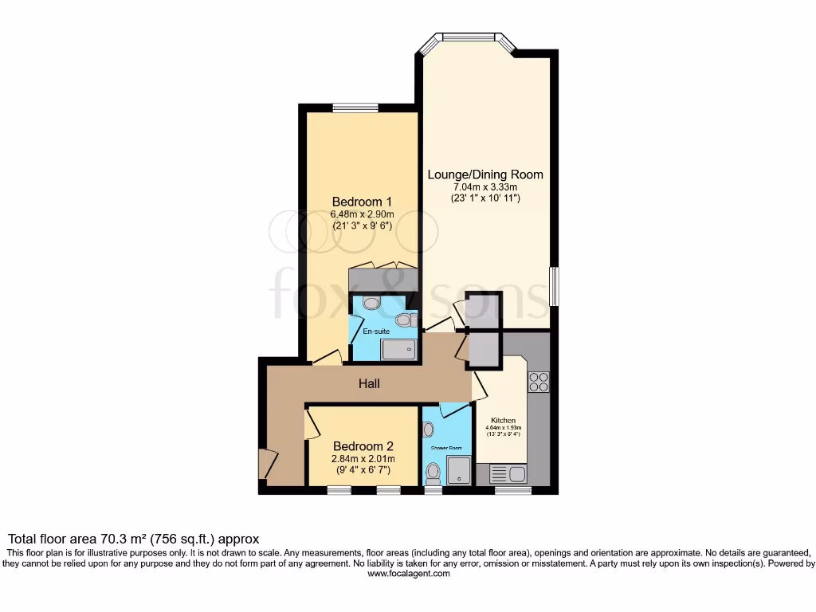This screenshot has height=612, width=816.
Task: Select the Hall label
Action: click(368, 383)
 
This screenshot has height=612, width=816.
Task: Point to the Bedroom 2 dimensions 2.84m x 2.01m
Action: click(363, 459)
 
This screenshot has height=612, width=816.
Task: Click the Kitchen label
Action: click(503, 420)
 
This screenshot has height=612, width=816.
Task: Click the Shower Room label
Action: click(446, 448)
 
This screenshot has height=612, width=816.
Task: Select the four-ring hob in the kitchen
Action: click(538, 382)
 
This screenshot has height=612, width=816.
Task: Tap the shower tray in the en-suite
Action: click(398, 349)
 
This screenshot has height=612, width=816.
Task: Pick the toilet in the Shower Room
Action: click(433, 474)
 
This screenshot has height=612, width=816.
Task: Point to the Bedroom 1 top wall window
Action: click(355, 108)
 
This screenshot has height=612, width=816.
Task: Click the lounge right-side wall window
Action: click(554, 286)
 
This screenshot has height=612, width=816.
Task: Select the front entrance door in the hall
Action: click(267, 464)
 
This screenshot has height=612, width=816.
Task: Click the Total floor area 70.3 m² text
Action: click(133, 539)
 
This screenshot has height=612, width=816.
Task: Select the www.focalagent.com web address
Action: click(408, 573)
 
